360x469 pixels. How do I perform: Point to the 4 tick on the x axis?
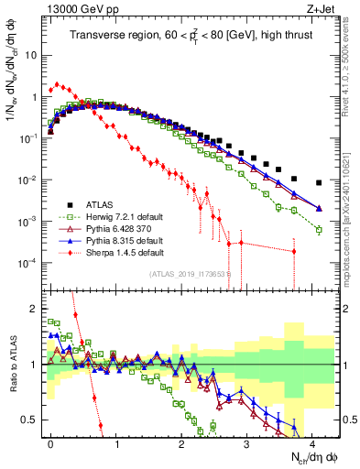[312, 442]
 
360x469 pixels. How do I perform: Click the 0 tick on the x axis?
[50, 442]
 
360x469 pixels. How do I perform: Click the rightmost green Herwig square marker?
[319, 230]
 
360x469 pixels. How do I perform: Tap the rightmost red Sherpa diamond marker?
[293, 251]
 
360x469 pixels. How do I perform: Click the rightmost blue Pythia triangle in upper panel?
[319, 208]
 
